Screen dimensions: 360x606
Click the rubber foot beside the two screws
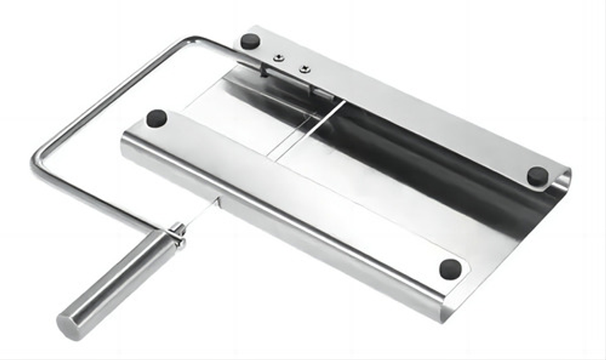(x=251, y=42)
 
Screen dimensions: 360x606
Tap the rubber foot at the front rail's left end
(x=157, y=117)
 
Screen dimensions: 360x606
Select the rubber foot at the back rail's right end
(x=537, y=176)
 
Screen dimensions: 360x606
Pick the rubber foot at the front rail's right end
(x=450, y=268)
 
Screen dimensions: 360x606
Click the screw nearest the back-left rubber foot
(x=278, y=58)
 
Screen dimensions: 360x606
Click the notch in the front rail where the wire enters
(x=218, y=202)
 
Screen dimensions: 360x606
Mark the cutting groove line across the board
(x=309, y=129)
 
